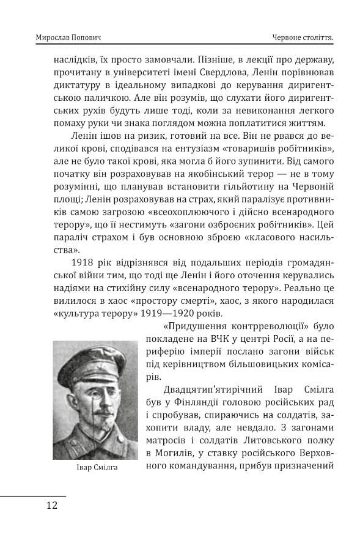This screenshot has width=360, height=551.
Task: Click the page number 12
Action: pos(51,505)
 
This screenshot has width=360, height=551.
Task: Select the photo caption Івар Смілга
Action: pos(95,467)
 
